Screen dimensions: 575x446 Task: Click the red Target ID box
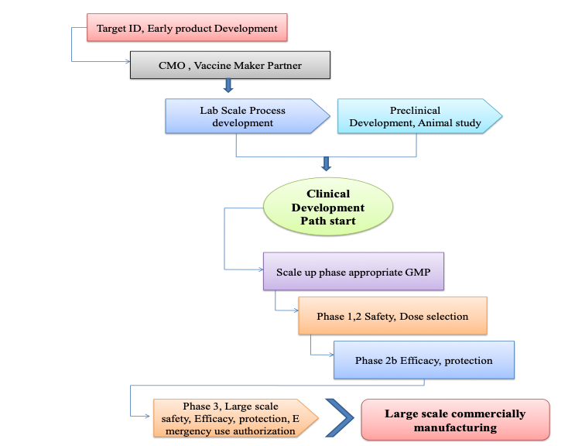click(x=187, y=28)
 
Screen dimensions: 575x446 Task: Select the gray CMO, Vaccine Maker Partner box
click(x=230, y=65)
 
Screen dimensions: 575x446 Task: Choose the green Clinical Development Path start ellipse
click(x=328, y=207)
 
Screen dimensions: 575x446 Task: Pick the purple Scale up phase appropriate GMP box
click(x=354, y=272)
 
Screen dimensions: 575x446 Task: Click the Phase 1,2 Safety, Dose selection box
click(x=392, y=316)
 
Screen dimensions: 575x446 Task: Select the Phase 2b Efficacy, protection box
click(x=424, y=360)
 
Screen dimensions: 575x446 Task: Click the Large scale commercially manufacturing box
click(x=456, y=420)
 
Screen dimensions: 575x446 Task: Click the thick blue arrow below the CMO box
click(x=228, y=85)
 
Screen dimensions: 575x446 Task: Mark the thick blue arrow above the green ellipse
click(x=327, y=163)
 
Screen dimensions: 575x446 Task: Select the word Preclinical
click(x=415, y=111)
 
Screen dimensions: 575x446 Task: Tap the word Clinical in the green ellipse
click(x=328, y=194)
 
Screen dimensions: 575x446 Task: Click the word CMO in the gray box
click(x=172, y=66)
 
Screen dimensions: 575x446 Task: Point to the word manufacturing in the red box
click(x=456, y=427)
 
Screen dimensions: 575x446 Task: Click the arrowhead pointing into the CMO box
click(x=128, y=61)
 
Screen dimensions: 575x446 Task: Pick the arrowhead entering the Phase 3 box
click(x=147, y=417)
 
